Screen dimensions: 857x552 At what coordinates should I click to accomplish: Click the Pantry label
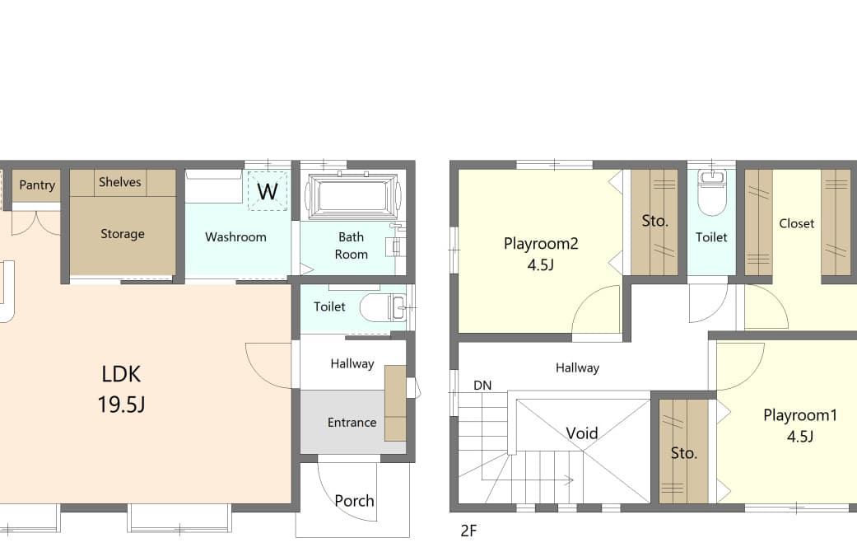tap(37, 185)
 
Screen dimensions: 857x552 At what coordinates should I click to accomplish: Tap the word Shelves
tap(119, 181)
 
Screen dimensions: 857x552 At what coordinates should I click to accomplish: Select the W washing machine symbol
tap(268, 191)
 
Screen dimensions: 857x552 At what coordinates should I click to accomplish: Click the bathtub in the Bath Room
tap(352, 196)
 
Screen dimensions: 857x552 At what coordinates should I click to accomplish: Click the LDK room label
tap(121, 374)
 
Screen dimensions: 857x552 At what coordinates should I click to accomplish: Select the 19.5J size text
tap(121, 405)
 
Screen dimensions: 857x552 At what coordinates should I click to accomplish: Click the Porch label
tap(354, 501)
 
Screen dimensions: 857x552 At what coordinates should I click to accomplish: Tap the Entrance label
tap(352, 423)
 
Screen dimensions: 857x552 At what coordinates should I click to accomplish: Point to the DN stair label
tap(482, 386)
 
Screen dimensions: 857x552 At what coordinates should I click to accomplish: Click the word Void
tap(581, 433)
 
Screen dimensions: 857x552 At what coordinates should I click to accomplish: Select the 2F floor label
tap(468, 531)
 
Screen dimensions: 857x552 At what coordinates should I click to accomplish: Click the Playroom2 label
tap(541, 243)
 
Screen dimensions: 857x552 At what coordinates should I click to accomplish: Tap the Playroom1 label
tap(800, 415)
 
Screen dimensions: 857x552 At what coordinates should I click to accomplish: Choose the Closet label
tap(796, 223)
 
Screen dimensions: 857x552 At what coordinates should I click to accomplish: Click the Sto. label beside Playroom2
tap(654, 221)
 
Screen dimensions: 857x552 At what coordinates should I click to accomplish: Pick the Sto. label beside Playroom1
tap(684, 453)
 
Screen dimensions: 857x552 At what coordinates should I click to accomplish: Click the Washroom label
tap(235, 237)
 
